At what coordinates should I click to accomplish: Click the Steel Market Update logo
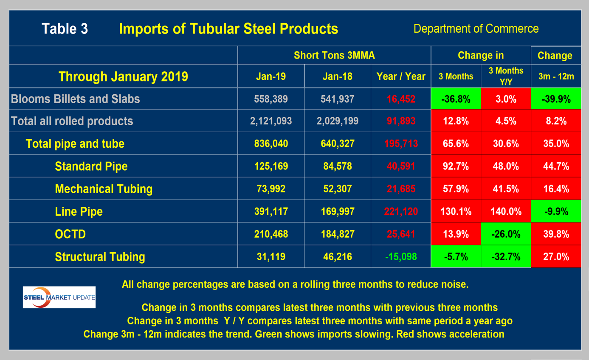59,297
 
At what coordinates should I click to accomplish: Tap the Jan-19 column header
271,77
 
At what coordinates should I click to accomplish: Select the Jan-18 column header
337,77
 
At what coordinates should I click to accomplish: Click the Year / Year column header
400,77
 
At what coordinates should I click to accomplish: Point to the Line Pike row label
79,211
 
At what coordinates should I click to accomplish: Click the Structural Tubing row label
100,256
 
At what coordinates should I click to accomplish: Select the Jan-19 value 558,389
271,99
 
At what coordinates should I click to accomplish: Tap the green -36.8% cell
456,99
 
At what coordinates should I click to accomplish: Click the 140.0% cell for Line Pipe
506,211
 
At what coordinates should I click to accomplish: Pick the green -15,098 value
400,256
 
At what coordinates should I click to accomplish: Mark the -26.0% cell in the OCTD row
506,234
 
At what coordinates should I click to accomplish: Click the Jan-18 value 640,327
337,143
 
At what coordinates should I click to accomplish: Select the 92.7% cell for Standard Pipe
456,166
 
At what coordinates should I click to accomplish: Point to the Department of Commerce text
476,29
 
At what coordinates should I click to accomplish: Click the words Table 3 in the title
65,29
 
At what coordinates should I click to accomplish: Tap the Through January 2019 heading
123,77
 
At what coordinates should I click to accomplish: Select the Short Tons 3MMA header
334,55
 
